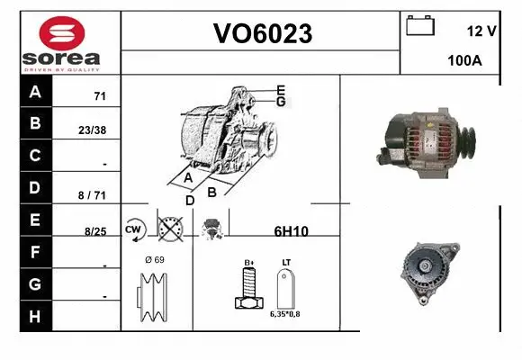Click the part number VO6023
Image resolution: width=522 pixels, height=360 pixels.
(262, 33)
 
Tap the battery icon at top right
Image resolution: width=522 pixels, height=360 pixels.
(420, 25)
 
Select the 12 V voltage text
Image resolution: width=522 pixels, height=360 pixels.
(481, 31)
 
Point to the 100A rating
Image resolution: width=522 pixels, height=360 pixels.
(465, 61)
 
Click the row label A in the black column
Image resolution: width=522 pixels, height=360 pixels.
(35, 92)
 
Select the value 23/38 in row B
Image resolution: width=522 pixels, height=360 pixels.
(92, 130)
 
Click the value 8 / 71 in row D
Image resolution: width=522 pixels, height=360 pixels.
(93, 193)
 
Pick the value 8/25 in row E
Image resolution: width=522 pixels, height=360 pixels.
(94, 231)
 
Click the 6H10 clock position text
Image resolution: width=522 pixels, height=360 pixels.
(291, 231)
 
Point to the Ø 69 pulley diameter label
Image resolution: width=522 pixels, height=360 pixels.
(154, 260)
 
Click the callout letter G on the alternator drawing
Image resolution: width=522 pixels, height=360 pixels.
(281, 103)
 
